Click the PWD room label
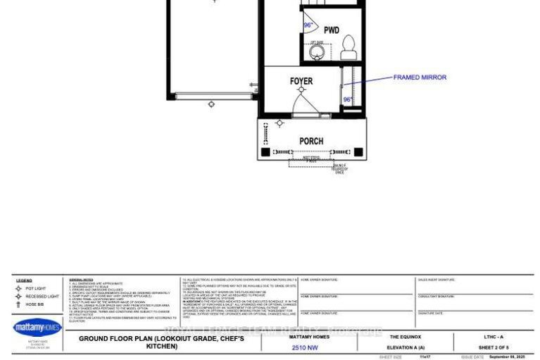pyautogui.click(x=331, y=30)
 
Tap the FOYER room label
pyautogui.click(x=301, y=81)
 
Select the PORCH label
pyautogui.click(x=311, y=141)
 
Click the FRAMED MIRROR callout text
pyautogui.click(x=420, y=77)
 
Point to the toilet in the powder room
pyautogui.click(x=348, y=48)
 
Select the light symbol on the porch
pyautogui.click(x=280, y=123)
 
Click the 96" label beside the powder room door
pyautogui.click(x=308, y=25)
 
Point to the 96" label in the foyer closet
pyautogui.click(x=348, y=100)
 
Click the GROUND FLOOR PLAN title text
pyautogui.click(x=161, y=342)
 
